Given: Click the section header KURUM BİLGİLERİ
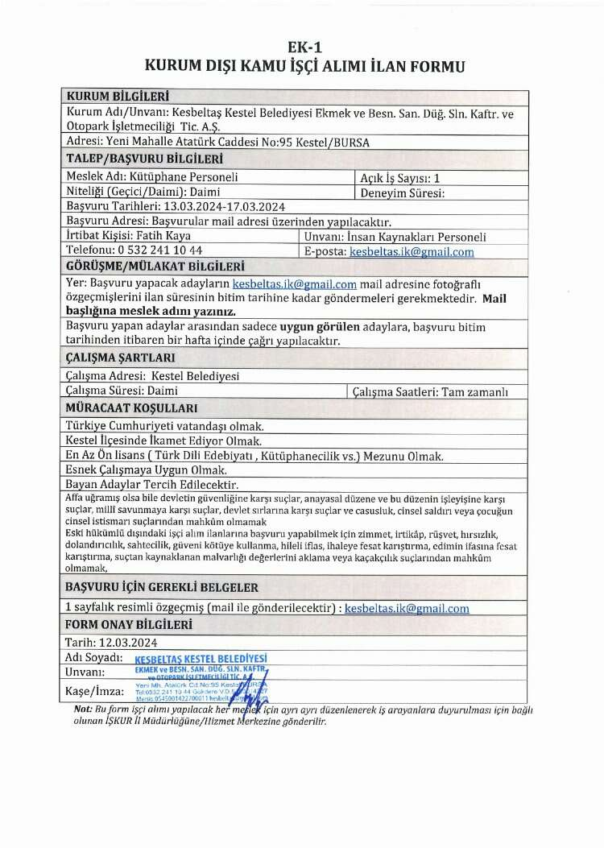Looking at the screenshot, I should (111, 97).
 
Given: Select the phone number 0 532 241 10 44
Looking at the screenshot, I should (153, 251).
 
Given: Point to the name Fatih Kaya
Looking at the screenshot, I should (158, 237).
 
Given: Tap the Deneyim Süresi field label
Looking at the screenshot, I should (402, 192).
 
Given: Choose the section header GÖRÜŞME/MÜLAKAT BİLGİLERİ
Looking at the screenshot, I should (155, 267).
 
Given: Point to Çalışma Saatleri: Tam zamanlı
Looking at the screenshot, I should (441, 391).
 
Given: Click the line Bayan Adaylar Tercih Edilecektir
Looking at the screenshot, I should (152, 485).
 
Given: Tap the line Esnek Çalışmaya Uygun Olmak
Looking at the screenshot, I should (146, 470).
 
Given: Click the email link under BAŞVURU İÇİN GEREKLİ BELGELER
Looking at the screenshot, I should (407, 609).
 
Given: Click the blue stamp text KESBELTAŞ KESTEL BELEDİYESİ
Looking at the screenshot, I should (201, 659).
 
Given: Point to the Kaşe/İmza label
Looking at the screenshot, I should (94, 691).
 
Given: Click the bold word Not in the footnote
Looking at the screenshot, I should (82, 708).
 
